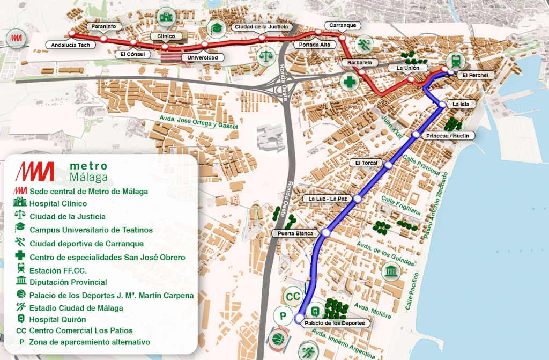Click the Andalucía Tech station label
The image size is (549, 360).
pos(70,45)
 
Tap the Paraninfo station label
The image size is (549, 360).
pos(104,26)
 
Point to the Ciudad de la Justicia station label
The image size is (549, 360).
pos(261,26)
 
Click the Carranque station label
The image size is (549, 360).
pos(343,25)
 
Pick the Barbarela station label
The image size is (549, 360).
pos(360,63)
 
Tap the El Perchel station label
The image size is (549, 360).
pos(476,75)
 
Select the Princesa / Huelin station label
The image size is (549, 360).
pos(448,136)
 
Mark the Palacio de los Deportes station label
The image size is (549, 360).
pos(335,323)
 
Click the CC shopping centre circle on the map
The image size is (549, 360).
pos(293,296)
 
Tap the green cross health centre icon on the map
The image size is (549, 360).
pos(350,82)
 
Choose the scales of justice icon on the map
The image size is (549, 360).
pos(265,55)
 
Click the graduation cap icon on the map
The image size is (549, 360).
pos(217,27)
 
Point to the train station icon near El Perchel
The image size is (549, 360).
pos(456,60)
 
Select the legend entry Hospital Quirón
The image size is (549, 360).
pos(57,320)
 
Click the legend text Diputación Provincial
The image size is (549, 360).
pos(68,282)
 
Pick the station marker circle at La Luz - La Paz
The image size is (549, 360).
pos(358,199)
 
